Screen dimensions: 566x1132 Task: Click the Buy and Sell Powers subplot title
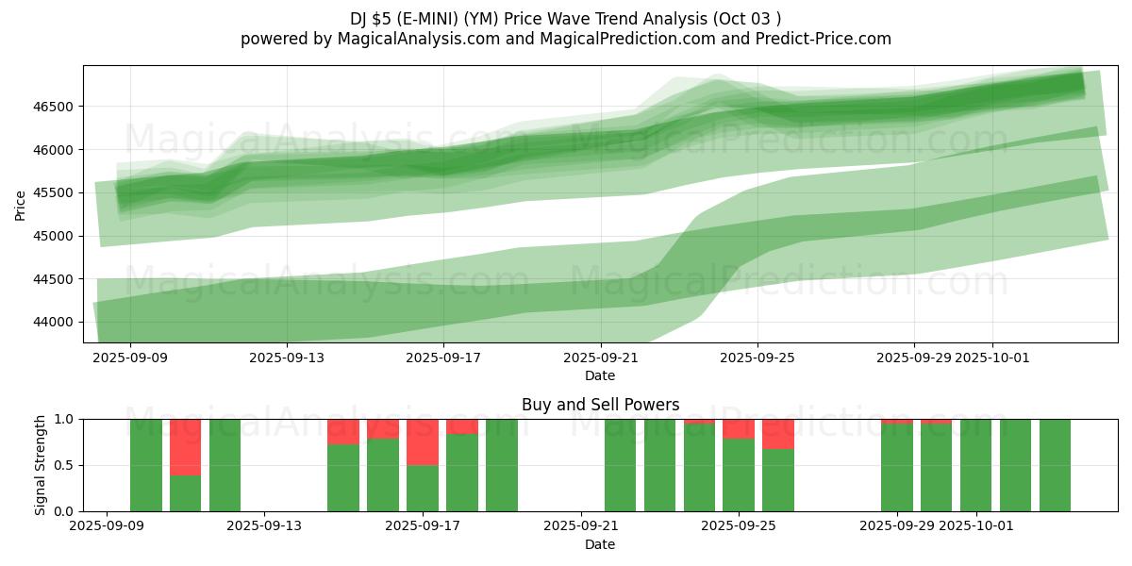pyautogui.click(x=600, y=405)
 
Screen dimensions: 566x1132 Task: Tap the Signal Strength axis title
pyautogui.click(x=41, y=465)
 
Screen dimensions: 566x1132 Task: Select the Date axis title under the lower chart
pyautogui.click(x=600, y=544)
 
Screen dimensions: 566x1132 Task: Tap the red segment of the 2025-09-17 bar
pyautogui.click(x=423, y=441)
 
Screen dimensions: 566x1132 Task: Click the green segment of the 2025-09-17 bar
pyautogui.click(x=423, y=489)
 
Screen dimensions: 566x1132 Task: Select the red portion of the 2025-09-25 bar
pyautogui.click(x=739, y=428)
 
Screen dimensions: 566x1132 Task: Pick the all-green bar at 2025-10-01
pyautogui.click(x=975, y=465)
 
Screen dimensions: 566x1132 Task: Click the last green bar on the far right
pyautogui.click(x=1055, y=465)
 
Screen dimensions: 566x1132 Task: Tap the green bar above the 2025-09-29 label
pyautogui.click(x=897, y=468)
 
